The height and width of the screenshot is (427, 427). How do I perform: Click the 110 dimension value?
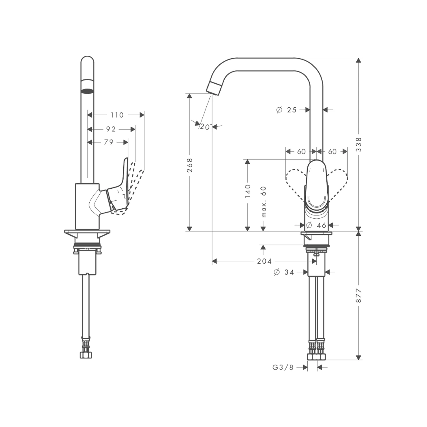[117, 115]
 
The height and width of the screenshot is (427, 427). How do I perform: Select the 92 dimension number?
[111, 129]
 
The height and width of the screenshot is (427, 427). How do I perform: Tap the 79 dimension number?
[108, 142]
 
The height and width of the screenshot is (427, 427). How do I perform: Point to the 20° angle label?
[206, 127]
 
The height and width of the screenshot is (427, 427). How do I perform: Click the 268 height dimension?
[190, 165]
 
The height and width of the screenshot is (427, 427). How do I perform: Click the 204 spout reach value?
[264, 261]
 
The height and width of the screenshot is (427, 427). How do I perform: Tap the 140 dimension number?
[248, 191]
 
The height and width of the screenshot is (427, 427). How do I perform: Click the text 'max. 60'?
[263, 202]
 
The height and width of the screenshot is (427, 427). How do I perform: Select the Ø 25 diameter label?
[286, 110]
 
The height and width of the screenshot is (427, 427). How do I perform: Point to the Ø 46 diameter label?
[316, 225]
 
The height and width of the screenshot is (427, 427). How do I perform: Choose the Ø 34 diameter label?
[284, 272]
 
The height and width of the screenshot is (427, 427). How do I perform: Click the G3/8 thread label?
[283, 367]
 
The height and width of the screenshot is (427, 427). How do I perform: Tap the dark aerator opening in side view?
[87, 91]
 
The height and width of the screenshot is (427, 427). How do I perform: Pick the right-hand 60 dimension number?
[332, 151]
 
